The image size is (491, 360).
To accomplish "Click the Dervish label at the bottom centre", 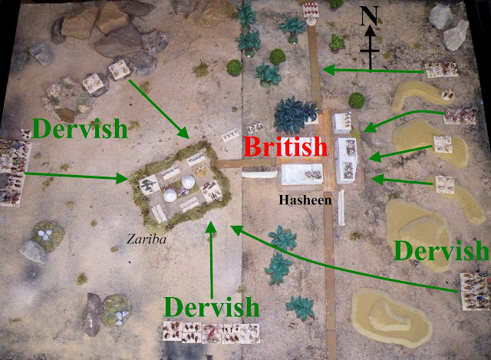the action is tap(212, 308).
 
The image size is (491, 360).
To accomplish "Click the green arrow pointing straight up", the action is tap(212, 253).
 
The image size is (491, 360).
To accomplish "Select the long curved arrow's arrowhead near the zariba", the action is tap(235, 227).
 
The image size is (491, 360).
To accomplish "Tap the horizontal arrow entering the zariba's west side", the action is tap(77, 177).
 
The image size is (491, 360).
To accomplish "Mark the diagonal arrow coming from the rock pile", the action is tap(161, 107).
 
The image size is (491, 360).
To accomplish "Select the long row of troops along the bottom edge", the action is tap(210, 332).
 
